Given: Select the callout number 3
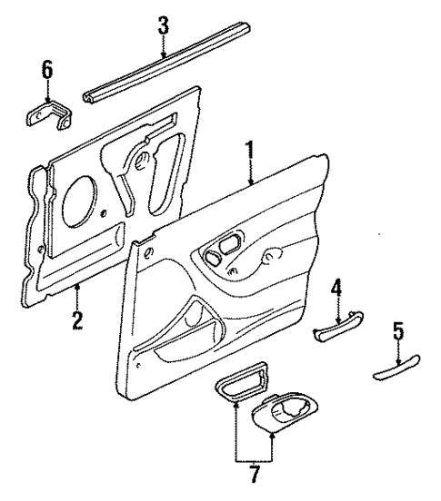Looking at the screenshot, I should click(x=163, y=25).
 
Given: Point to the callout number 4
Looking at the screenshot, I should click(x=336, y=289).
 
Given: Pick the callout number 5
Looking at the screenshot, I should click(x=397, y=333).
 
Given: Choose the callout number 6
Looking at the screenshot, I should click(x=47, y=69).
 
